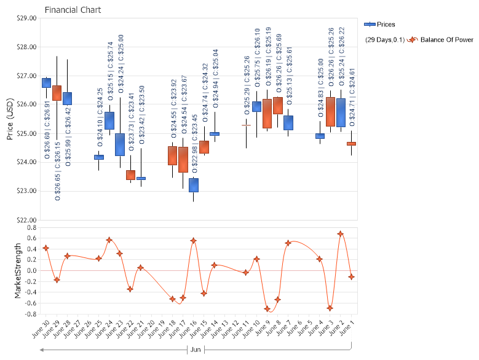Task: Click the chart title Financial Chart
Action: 73,10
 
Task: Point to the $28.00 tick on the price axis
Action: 27,47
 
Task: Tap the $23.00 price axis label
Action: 27,191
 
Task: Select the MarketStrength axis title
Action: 18,271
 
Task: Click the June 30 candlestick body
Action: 46,83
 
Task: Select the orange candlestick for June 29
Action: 57,93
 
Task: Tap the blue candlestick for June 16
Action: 194,185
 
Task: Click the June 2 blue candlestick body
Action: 341,112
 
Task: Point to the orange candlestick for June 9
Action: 267,114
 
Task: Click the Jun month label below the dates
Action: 196,350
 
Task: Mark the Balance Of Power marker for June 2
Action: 341,234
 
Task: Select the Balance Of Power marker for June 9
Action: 267,309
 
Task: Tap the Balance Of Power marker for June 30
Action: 46,248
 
